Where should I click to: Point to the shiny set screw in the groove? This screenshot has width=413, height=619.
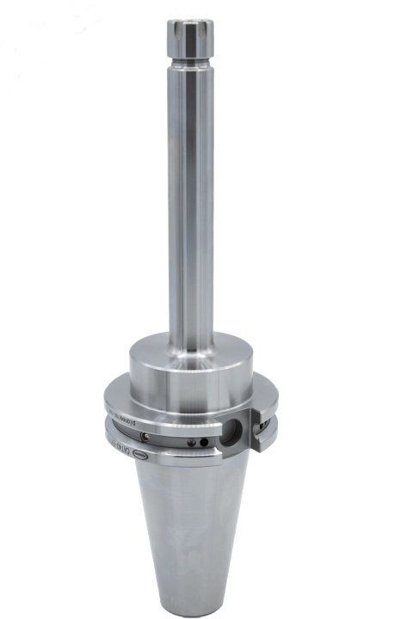coord(151,439)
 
